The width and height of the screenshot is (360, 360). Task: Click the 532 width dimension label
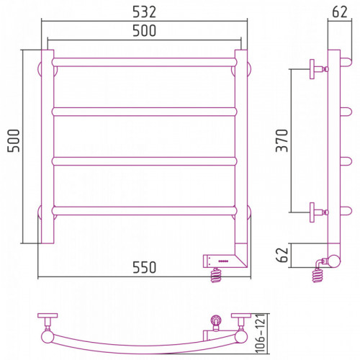tap(144, 12)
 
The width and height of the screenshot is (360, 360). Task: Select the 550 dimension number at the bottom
tap(144, 267)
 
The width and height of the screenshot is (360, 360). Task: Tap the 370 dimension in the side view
tap(282, 140)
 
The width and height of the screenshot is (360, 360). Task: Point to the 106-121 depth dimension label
tap(260, 333)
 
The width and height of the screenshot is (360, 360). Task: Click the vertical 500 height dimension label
tap(14, 140)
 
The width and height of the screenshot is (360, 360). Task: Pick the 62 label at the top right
tap(340, 12)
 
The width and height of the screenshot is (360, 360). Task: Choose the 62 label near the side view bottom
tap(282, 255)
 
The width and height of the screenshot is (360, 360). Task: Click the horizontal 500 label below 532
tap(144, 30)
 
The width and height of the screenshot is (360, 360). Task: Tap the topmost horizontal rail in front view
tap(144, 62)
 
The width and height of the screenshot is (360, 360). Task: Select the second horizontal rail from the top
tap(144, 112)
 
